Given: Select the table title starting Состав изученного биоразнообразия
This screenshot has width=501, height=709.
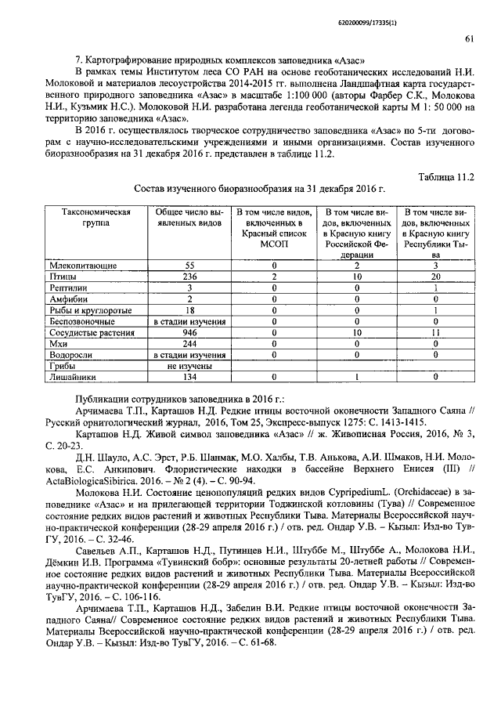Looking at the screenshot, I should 260,190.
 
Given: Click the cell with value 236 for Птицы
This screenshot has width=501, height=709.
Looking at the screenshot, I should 189,277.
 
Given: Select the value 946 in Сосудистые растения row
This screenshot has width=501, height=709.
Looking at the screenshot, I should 189,332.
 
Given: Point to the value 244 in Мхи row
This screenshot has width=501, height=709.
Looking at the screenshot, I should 189,343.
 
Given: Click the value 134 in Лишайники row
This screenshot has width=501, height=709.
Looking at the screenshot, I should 189,377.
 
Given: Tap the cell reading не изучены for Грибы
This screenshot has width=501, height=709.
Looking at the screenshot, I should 189,365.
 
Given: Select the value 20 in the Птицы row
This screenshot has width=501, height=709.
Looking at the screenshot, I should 438,277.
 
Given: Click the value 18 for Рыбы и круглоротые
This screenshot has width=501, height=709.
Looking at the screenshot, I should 189,310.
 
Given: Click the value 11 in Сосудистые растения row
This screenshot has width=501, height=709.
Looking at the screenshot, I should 438,332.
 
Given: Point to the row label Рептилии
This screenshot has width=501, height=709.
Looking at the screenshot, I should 70,288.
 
